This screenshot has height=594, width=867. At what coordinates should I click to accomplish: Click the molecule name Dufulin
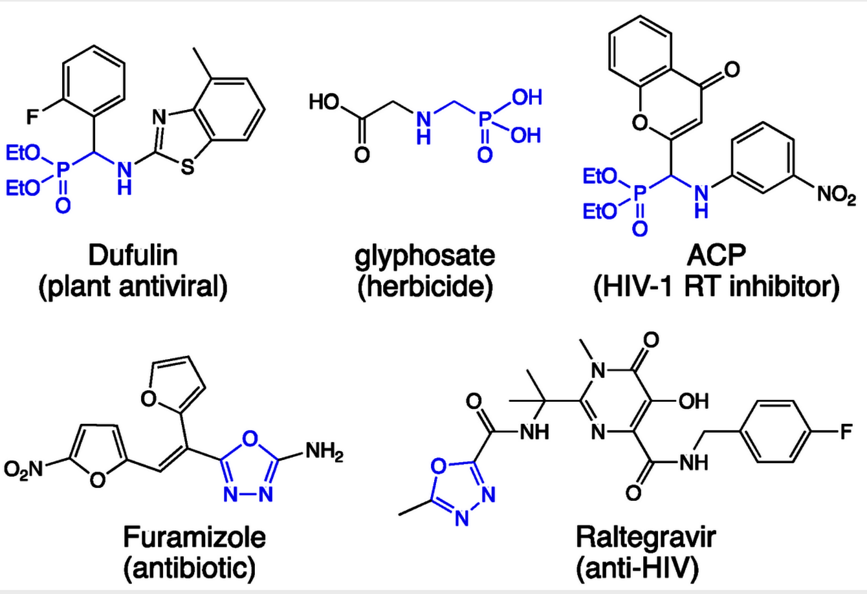(x=133, y=256)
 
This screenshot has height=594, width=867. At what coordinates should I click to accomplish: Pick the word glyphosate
(x=424, y=256)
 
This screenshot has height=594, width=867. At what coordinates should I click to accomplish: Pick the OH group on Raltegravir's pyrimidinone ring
(x=693, y=401)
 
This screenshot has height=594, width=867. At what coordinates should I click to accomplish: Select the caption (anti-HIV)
(x=637, y=567)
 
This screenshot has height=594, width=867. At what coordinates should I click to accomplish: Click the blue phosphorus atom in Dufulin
(x=63, y=170)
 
